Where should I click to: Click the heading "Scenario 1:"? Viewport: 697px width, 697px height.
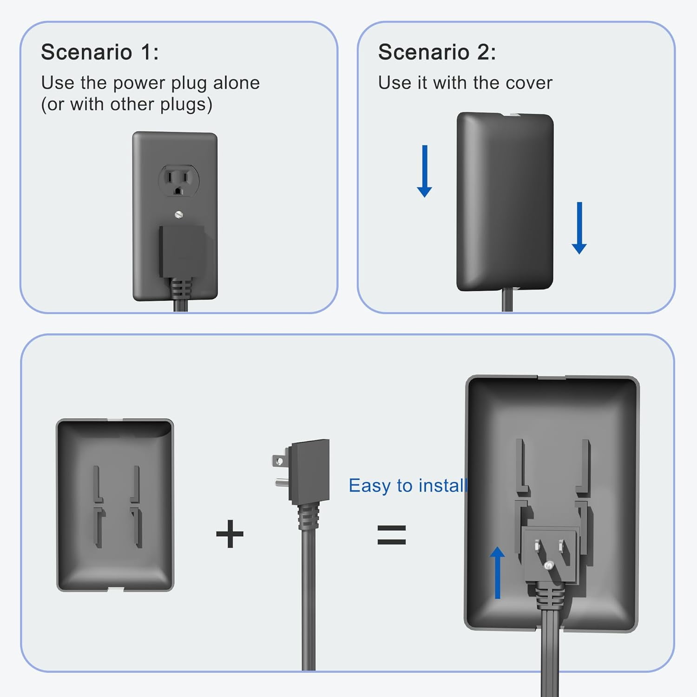[x=100, y=52]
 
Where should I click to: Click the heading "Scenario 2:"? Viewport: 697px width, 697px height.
[x=437, y=52]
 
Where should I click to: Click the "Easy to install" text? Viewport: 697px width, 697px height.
[x=408, y=486]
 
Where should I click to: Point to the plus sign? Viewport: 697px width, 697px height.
[x=230, y=533]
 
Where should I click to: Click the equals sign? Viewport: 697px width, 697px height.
[x=391, y=534]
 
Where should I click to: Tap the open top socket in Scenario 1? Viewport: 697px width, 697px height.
[x=179, y=180]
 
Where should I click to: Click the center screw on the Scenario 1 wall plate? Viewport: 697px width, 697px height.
[x=179, y=214]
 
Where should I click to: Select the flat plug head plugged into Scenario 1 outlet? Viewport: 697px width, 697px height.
[x=182, y=251]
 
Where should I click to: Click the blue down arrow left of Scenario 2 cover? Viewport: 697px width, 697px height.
[x=424, y=171]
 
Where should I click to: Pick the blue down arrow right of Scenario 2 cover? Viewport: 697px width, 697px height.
[x=579, y=228]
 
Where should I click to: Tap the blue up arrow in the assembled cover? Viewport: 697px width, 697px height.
[x=498, y=572]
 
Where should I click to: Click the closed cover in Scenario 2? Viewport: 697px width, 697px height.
[x=505, y=202]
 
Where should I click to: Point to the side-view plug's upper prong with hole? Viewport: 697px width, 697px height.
[x=279, y=461]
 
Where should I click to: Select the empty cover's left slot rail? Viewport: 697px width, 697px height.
[x=98, y=506]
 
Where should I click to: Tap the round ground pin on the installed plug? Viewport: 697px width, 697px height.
[x=549, y=565]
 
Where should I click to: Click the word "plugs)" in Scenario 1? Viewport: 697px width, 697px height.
[x=186, y=105]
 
